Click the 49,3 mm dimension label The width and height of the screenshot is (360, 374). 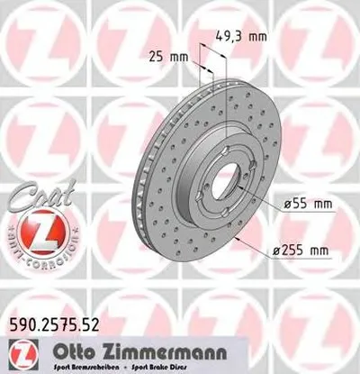(244, 38)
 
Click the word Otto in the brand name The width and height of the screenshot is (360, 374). (101, 350)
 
